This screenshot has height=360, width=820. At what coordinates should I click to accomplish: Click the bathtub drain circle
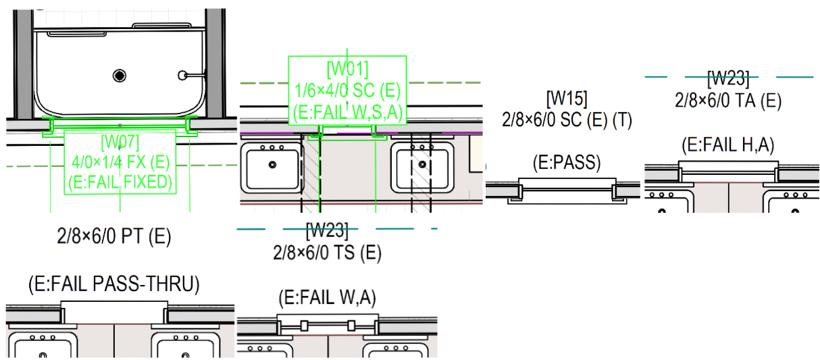pyautogui.click(x=120, y=74)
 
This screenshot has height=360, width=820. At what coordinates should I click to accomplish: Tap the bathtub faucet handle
pyautogui.click(x=182, y=74)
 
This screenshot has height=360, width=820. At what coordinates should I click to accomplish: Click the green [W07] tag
pyautogui.click(x=120, y=143)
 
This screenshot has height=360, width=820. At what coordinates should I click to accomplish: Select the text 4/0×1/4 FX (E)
pyautogui.click(x=120, y=162)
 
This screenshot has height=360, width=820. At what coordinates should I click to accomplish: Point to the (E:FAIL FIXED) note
pyautogui.click(x=120, y=182)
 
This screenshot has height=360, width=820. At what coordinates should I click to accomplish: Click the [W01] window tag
pyautogui.click(x=347, y=69)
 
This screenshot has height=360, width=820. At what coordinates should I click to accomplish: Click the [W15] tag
pyautogui.click(x=566, y=98)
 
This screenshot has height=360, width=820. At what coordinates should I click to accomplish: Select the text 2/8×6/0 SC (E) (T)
pyautogui.click(x=566, y=120)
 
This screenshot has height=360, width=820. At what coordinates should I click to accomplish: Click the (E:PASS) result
pyautogui.click(x=566, y=163)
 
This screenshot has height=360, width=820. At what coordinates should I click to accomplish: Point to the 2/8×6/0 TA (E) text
pyautogui.click(x=727, y=101)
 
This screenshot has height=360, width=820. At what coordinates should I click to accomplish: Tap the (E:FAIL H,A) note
pyautogui.click(x=727, y=144)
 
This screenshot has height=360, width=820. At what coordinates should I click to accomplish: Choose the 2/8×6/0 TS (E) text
pyautogui.click(x=327, y=253)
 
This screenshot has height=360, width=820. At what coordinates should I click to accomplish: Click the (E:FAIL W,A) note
pyautogui.click(x=327, y=297)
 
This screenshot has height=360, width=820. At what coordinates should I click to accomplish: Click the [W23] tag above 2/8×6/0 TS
pyautogui.click(x=327, y=231)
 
